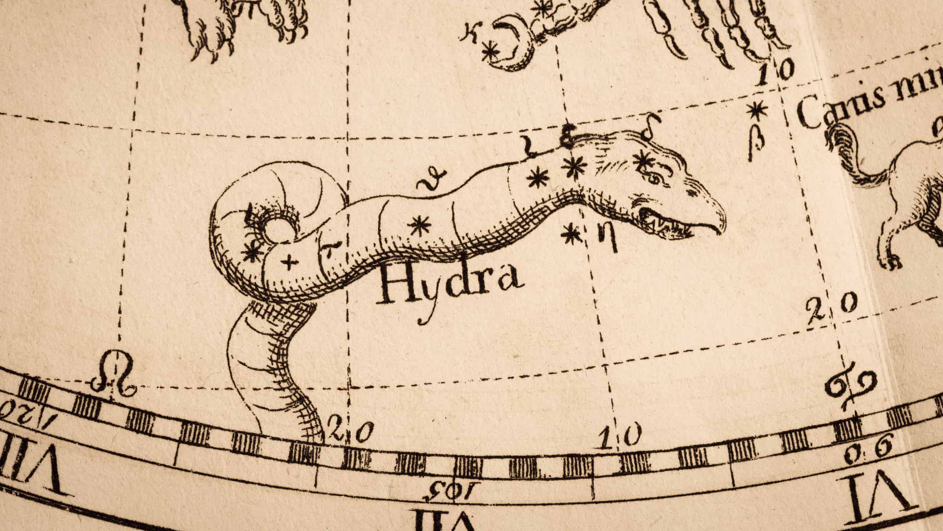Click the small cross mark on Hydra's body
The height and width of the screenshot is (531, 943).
pos(288,262)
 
